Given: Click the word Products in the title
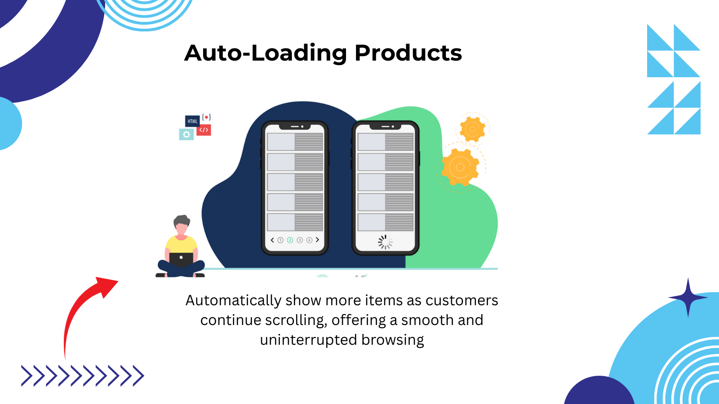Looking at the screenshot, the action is click(408, 53).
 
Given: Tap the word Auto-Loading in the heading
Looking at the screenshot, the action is click(266, 53).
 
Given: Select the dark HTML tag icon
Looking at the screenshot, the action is click(192, 121).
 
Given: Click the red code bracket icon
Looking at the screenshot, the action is click(204, 130).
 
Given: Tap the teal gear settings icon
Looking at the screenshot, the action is click(186, 135).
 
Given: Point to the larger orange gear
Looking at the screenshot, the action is click(460, 167).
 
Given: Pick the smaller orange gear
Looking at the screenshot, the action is click(472, 129).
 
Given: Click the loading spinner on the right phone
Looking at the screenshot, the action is click(385, 242).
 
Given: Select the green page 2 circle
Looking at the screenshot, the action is click(290, 240).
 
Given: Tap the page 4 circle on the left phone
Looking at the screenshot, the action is click(310, 240).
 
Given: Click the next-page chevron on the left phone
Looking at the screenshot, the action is click(317, 240).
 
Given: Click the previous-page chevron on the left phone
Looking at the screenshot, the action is click(272, 240).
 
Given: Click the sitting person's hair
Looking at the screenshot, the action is click(182, 220).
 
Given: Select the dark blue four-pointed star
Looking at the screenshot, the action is click(688, 298).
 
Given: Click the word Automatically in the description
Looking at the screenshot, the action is click(234, 301).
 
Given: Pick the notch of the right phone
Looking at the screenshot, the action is click(385, 127).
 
